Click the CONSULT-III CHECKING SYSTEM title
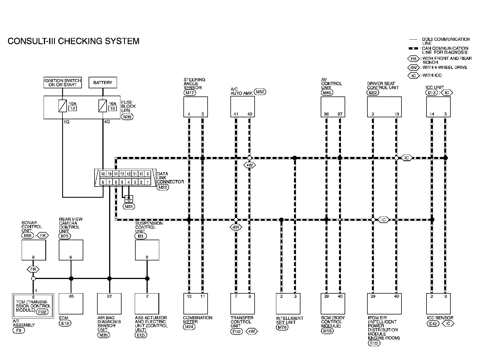coord(73,41)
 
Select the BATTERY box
coord(103,83)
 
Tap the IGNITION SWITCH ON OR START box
coord(63,83)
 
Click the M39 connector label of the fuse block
coord(127,117)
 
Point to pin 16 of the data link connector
coord(103,174)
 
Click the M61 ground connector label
coord(129,206)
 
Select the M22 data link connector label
coord(163,187)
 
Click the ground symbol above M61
coord(129,199)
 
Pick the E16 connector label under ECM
coord(65,323)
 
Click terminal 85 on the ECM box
coord(71,296)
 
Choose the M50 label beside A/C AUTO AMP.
coord(260,92)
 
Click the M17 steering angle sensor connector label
coord(190,93)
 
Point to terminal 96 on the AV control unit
coord(326,114)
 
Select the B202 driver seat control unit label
coord(373,93)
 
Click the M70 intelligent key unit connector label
coord(282,327)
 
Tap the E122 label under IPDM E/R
coord(374,343)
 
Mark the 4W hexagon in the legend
coord(414,68)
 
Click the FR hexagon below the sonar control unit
coord(33,269)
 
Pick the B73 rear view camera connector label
coord(65,236)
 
